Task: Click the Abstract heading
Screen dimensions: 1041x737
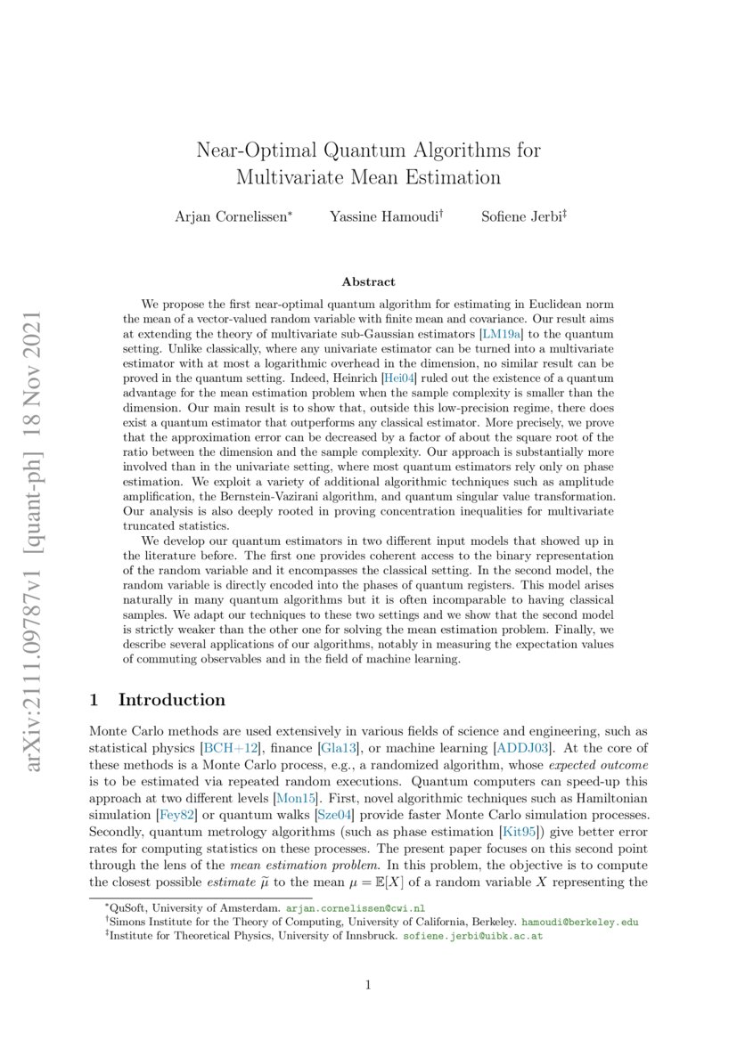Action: (x=368, y=281)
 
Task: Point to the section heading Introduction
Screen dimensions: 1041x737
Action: (x=171, y=700)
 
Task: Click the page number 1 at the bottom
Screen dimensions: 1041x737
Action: (x=368, y=985)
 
